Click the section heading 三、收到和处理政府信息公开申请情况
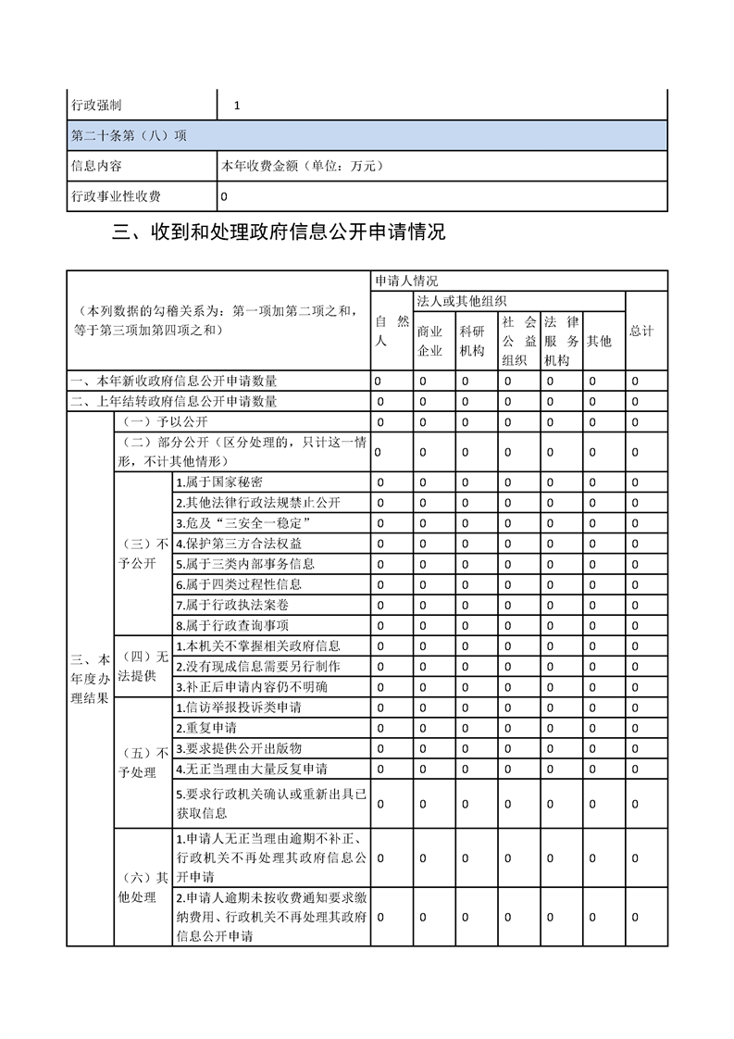[279, 232]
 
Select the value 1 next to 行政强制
[237, 106]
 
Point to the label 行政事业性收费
[116, 196]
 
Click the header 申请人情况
[406, 280]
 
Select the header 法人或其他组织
[462, 301]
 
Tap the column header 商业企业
[429, 341]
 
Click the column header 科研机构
[472, 341]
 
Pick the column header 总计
[641, 331]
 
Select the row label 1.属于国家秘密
[219, 482]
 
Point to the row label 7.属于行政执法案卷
[231, 604]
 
